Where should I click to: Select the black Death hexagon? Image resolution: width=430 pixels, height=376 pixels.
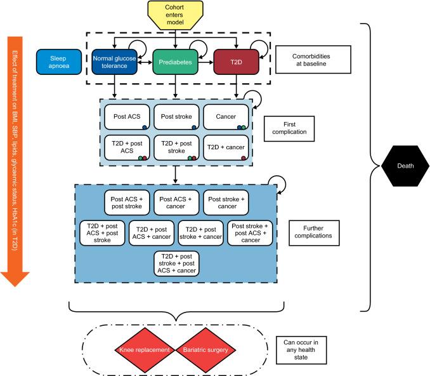click(406, 166)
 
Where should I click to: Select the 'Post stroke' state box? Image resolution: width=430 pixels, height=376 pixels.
click(176, 116)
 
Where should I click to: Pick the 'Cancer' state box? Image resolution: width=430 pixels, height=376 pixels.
click(225, 116)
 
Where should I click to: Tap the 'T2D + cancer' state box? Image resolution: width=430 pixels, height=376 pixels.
click(225, 147)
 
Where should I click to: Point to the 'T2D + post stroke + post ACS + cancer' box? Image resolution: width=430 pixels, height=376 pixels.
click(176, 263)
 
